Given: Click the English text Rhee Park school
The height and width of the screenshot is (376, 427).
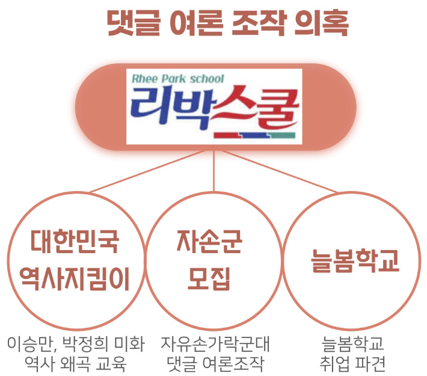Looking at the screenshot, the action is pos(178,79).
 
